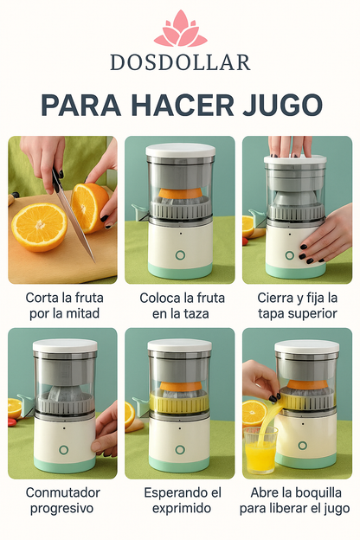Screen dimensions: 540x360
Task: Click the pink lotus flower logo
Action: coord(180,29)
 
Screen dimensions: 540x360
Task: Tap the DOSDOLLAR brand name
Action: coord(180,62)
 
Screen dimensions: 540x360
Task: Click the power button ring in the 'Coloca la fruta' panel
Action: coord(180,255)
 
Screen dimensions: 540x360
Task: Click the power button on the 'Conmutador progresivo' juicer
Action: coord(63,450)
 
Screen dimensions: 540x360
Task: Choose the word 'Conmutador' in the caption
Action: coord(62,492)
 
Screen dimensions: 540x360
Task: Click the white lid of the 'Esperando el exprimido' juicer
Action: coord(179,345)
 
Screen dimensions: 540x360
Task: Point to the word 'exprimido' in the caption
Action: coord(179,508)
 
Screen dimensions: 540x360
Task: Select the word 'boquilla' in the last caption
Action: coord(308,492)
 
